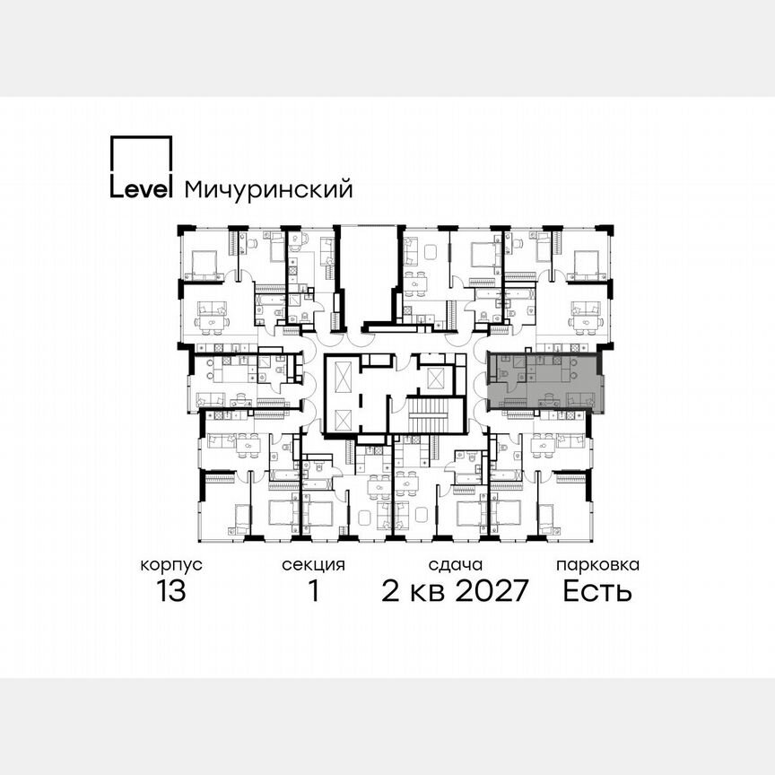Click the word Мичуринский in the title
268,189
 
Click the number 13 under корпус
170,592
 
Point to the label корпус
170,565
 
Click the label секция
313,565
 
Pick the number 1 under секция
313,592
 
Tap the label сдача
456,565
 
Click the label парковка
597,565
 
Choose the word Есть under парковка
597,592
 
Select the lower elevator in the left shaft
342,415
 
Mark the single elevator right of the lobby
435,377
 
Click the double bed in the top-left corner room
205,262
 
